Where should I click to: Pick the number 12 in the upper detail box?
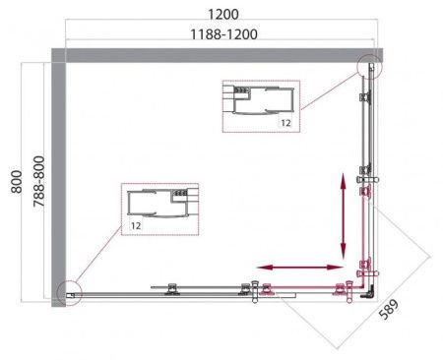coord(284,123)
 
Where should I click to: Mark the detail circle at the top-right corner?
coord(370,67)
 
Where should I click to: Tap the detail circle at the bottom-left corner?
coord(67,291)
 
